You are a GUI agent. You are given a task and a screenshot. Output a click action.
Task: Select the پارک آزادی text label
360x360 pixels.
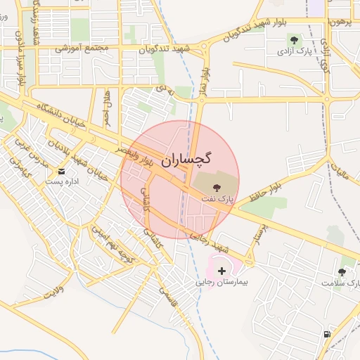(292, 51)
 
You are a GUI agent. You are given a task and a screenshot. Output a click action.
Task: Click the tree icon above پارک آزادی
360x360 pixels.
(293, 39)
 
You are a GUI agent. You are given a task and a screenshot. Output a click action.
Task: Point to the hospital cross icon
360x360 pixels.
(222, 271)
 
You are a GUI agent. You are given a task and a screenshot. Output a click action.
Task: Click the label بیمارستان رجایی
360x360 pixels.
(222, 283)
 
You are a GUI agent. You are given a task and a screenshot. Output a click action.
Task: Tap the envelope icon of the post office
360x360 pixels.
(61, 171)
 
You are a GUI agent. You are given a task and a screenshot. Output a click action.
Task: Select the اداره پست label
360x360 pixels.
(61, 181)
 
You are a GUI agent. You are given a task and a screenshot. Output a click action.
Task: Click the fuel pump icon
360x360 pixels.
(327, 333)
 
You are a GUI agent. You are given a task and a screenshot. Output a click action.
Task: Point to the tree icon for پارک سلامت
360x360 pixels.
(342, 271)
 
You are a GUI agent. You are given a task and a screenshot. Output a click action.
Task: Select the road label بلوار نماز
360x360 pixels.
(205, 82)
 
